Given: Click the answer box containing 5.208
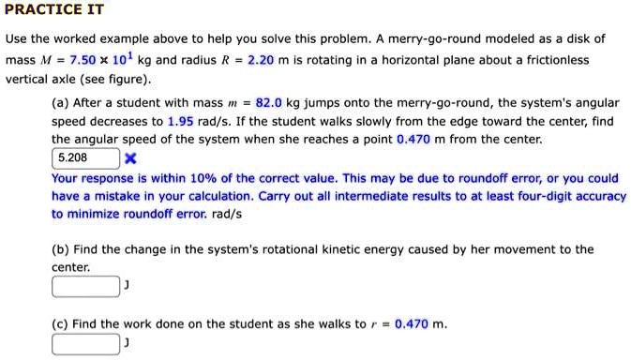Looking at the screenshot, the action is pyautogui.click(x=85, y=157).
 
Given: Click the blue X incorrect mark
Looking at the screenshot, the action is pyautogui.click(x=131, y=157).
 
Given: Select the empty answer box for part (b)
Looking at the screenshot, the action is pyautogui.click(x=85, y=286).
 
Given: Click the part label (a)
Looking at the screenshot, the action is pyautogui.click(x=61, y=102).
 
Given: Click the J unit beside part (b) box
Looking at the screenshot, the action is pyautogui.click(x=127, y=286).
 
